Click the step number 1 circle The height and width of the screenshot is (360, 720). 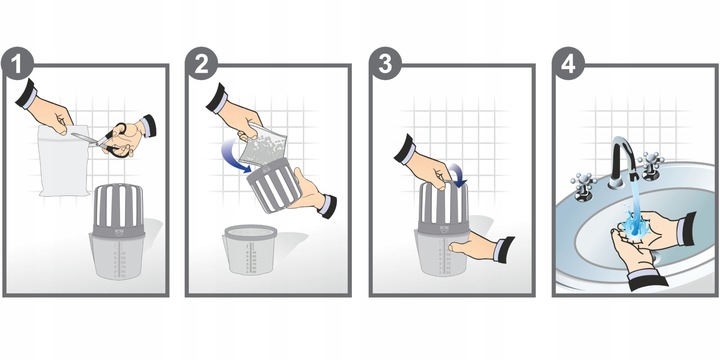[x=17, y=63]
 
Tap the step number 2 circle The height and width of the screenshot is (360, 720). [x=201, y=63]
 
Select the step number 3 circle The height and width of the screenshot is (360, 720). [x=385, y=63]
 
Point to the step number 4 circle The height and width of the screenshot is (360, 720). [x=568, y=63]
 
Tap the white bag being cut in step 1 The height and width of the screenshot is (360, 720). [x=63, y=161]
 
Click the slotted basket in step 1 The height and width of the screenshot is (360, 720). [x=119, y=209]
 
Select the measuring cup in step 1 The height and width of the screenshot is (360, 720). [x=118, y=256]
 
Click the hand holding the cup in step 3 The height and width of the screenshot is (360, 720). [x=478, y=248]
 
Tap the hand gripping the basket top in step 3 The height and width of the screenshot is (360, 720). [x=421, y=164]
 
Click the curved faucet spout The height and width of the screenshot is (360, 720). [x=624, y=156]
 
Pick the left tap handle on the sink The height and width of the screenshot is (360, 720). [x=584, y=187]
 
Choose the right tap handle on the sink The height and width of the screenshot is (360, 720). [x=652, y=165]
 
